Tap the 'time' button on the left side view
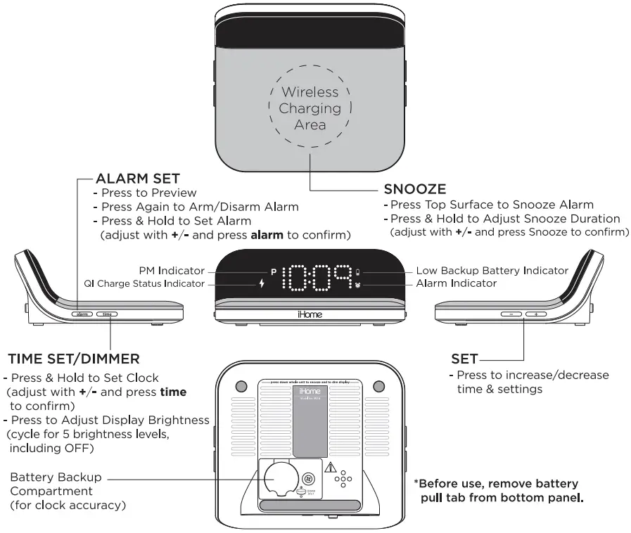click(x=107, y=314)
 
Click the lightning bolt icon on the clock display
click(x=263, y=284)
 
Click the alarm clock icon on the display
click(x=357, y=285)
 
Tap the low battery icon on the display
click(x=357, y=271)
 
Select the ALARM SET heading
click(x=137, y=179)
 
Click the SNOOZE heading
click(x=414, y=190)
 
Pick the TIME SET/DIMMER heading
click(x=74, y=359)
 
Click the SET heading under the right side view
click(x=464, y=359)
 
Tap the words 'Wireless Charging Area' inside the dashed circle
click(x=310, y=108)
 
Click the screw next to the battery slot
click(x=307, y=479)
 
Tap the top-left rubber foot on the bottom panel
click(x=241, y=387)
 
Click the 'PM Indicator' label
click(x=171, y=270)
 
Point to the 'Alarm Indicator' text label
click(x=456, y=283)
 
